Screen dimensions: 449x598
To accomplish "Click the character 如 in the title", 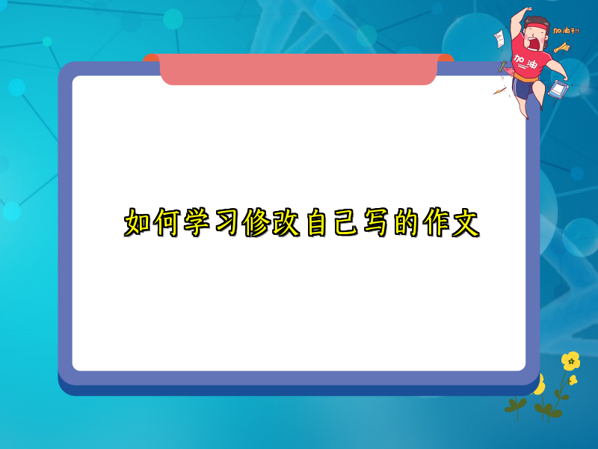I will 138,223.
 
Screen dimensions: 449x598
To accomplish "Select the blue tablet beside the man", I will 555,88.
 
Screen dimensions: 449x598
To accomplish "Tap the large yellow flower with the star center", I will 570,361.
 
